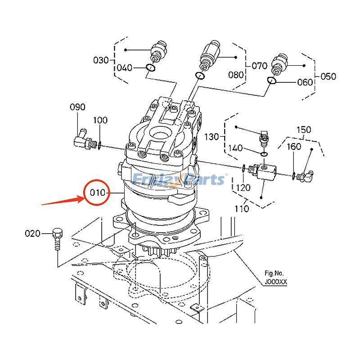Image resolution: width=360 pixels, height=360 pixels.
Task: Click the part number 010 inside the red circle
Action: (98, 193)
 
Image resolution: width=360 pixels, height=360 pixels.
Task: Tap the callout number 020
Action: (32, 234)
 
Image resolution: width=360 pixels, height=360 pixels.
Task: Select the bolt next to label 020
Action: (57, 239)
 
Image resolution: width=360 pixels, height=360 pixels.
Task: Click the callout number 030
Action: (101, 60)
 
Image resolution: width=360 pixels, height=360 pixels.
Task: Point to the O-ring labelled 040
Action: (151, 68)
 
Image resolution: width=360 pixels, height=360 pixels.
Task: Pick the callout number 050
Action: (328, 76)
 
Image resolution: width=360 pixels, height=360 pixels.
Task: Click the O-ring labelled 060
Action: (272, 81)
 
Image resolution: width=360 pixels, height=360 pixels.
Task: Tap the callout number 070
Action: (260, 66)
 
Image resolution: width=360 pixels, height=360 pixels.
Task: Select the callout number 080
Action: (236, 75)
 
